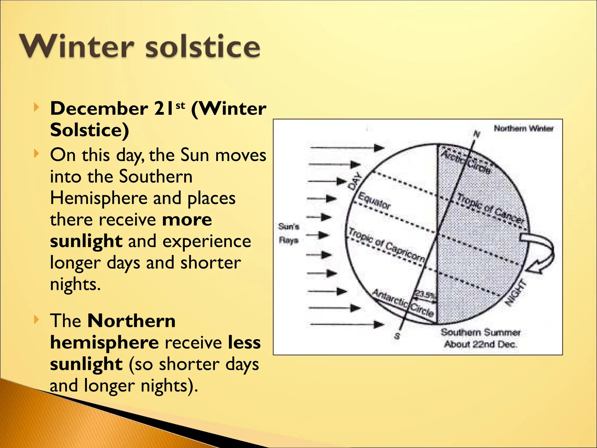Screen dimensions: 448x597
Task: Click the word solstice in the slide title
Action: click(x=202, y=46)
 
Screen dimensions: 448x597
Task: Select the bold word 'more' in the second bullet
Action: click(x=187, y=220)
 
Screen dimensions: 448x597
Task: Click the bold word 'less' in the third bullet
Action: click(x=244, y=342)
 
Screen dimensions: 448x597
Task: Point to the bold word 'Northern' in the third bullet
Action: click(x=131, y=321)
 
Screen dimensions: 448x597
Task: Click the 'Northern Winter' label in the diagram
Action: click(x=524, y=128)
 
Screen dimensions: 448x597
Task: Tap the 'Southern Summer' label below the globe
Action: click(x=480, y=332)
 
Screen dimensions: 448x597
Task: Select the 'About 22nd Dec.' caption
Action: click(x=480, y=344)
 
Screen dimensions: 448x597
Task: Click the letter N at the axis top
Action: click(x=476, y=134)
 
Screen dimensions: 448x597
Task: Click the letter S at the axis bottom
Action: click(x=397, y=336)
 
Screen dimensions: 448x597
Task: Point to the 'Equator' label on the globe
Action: click(x=374, y=201)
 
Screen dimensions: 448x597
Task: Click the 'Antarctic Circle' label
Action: click(x=403, y=303)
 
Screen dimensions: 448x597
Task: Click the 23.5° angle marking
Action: click(x=425, y=294)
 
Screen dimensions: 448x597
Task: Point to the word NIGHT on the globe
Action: click(x=516, y=293)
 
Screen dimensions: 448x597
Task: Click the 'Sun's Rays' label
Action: click(x=289, y=233)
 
